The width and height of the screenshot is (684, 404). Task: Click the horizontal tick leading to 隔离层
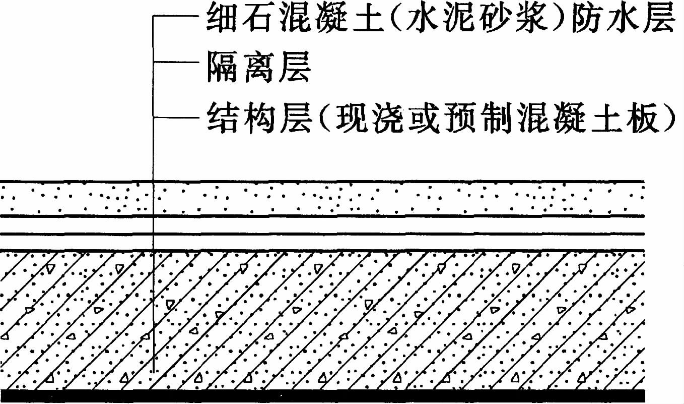point(176,63)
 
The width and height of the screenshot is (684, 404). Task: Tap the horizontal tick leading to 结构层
point(176,118)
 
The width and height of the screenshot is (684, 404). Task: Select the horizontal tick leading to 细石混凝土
point(176,17)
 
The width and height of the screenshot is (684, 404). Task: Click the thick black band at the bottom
point(322,395)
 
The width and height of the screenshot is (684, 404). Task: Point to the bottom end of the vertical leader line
point(153,372)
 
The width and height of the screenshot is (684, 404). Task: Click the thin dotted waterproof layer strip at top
point(322,198)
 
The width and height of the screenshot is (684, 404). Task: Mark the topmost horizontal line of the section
point(322,181)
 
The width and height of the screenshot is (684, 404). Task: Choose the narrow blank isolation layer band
point(322,225)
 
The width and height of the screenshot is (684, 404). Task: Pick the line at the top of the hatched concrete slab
point(322,250)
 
